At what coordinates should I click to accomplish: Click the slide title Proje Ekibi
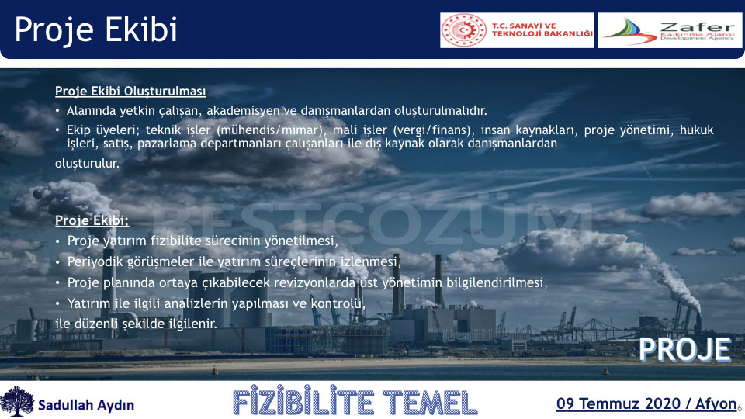96,30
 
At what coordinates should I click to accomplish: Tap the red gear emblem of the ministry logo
464,30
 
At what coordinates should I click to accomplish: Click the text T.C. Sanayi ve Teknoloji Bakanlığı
542,29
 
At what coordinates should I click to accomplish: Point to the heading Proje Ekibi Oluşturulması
130,91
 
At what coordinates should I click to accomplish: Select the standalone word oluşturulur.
87,164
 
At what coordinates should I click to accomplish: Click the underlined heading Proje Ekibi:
92,220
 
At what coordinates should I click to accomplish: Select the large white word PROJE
684,350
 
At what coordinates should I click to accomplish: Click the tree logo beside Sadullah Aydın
17,401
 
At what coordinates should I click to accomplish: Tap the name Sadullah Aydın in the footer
86,405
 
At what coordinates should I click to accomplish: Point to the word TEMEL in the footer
429,403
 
